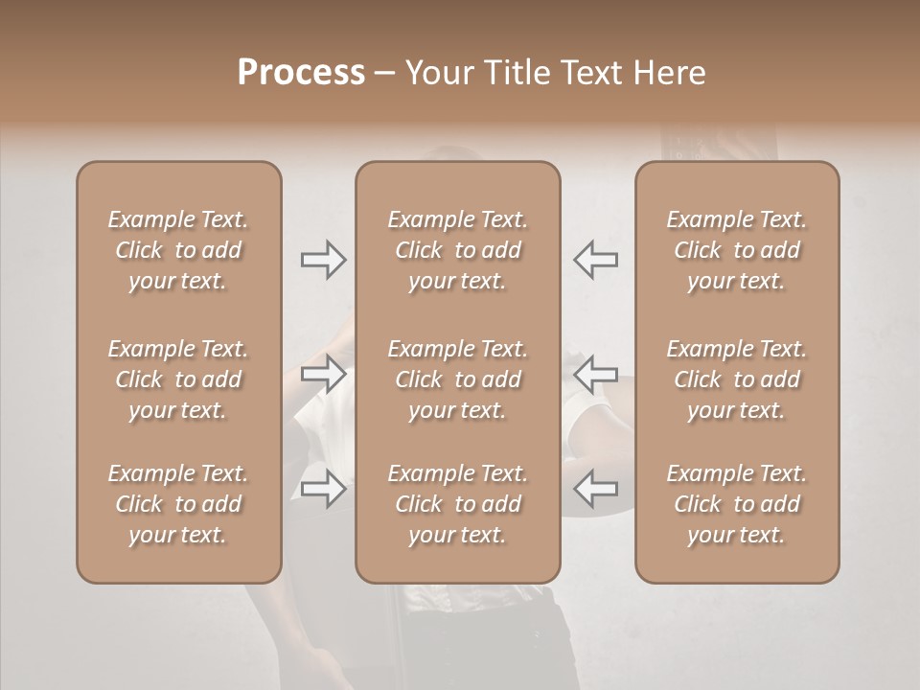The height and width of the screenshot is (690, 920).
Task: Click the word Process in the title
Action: point(301,73)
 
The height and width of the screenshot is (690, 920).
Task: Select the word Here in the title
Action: point(667,73)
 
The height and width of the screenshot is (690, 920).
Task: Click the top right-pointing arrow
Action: point(324,260)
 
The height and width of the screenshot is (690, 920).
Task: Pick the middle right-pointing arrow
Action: point(324,374)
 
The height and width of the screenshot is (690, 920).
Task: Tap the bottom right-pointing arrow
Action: point(324,490)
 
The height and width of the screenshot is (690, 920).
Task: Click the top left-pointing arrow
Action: point(595,260)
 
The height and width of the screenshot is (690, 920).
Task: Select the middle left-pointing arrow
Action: point(595,374)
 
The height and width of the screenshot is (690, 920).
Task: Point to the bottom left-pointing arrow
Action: point(595,490)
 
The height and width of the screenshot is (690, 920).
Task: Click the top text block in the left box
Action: point(178,250)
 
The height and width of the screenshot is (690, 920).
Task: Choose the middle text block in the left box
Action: point(178,379)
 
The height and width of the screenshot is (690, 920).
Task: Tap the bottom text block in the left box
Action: point(178,504)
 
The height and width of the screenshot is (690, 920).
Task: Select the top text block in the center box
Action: point(458,250)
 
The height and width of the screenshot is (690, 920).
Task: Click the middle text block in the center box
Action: point(458,379)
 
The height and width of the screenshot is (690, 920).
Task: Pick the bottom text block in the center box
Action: point(458,504)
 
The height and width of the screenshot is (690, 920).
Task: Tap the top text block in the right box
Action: point(737,250)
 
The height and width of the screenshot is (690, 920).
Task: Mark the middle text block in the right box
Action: point(737,379)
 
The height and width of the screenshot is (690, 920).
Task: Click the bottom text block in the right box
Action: point(737,504)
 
